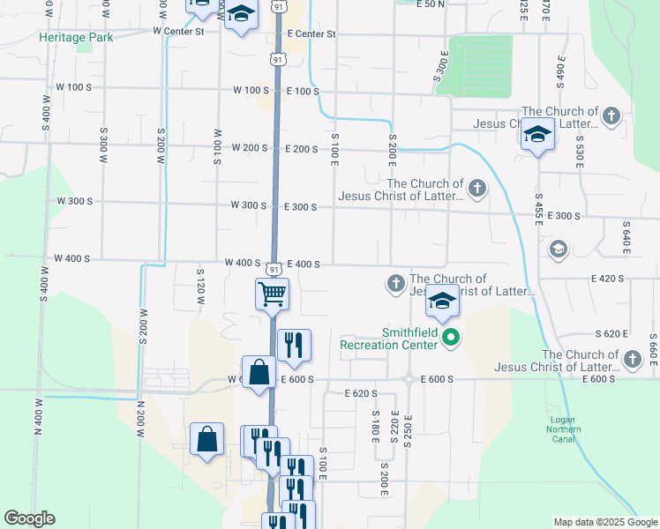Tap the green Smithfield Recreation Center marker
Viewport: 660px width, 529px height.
[x=451, y=336]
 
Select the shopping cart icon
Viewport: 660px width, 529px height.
[x=272, y=293]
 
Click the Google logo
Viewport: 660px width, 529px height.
[x=29, y=518]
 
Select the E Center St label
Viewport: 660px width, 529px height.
[x=305, y=34]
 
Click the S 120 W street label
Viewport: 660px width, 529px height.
[x=201, y=287]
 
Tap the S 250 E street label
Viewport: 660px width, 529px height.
[x=408, y=428]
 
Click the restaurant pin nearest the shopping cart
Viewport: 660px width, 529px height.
[x=294, y=344]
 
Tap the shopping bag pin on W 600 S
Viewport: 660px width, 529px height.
[x=259, y=371]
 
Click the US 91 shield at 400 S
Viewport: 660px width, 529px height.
[x=275, y=268]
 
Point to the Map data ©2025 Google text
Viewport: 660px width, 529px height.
[x=604, y=522]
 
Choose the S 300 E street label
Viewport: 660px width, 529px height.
[x=441, y=67]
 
